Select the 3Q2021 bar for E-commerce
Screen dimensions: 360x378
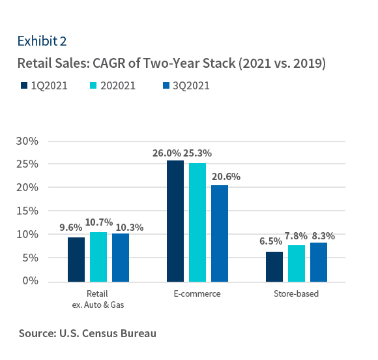[220, 233]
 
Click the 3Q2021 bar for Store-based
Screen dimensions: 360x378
[318, 262]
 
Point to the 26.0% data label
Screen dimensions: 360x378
[166, 153]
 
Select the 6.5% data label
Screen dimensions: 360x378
[271, 241]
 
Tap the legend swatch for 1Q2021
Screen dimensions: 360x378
[23, 85]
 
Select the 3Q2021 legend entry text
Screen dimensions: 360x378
[192, 85]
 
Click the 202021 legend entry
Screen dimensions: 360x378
[117, 85]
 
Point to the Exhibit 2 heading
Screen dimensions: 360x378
[42, 41]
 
